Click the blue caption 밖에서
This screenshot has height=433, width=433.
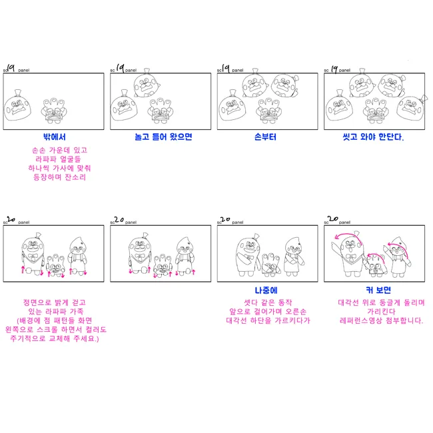(x=54, y=137)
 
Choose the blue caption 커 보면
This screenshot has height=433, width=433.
(x=374, y=290)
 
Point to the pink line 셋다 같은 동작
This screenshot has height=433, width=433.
(x=268, y=302)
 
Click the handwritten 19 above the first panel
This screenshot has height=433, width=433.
(x=11, y=67)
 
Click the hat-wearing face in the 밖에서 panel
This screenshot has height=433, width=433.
(x=19, y=106)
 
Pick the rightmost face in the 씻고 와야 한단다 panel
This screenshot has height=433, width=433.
(x=415, y=103)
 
